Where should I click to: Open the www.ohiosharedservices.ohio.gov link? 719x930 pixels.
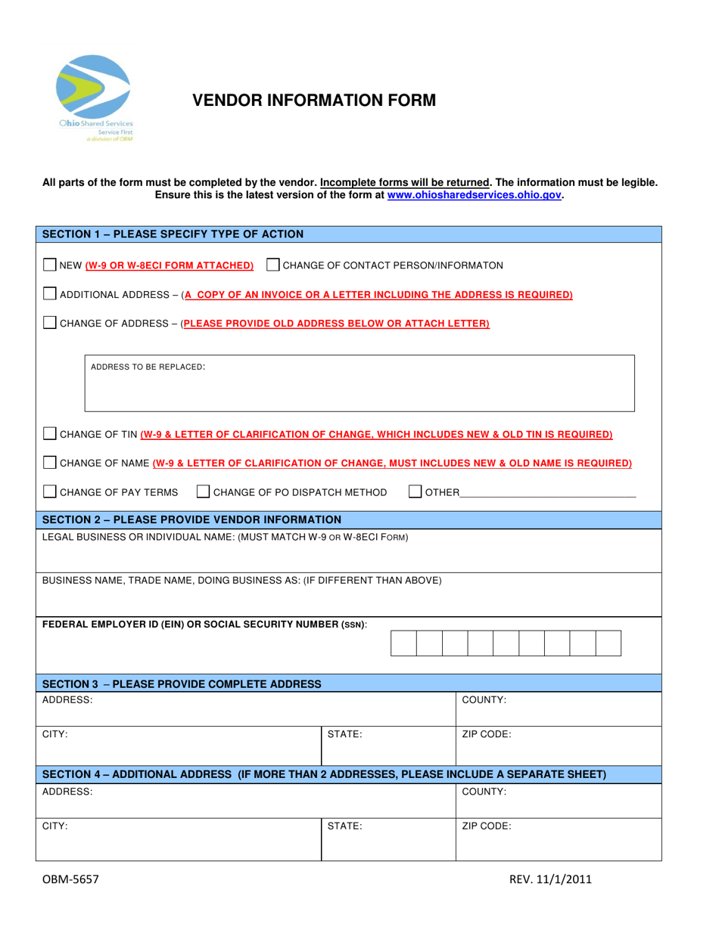(x=475, y=194)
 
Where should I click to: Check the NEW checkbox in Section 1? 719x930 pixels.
(x=49, y=265)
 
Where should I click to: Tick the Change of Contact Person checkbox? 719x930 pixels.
(x=274, y=265)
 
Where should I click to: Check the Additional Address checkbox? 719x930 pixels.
(x=49, y=294)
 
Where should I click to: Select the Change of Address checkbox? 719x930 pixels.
(x=49, y=323)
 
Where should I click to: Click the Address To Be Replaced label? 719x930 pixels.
(x=148, y=367)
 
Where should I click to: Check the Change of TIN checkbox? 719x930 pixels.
(x=49, y=435)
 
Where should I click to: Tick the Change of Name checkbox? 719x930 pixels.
(x=49, y=463)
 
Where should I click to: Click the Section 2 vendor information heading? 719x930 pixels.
(x=191, y=519)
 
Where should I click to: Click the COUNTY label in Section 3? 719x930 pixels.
(x=484, y=701)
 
